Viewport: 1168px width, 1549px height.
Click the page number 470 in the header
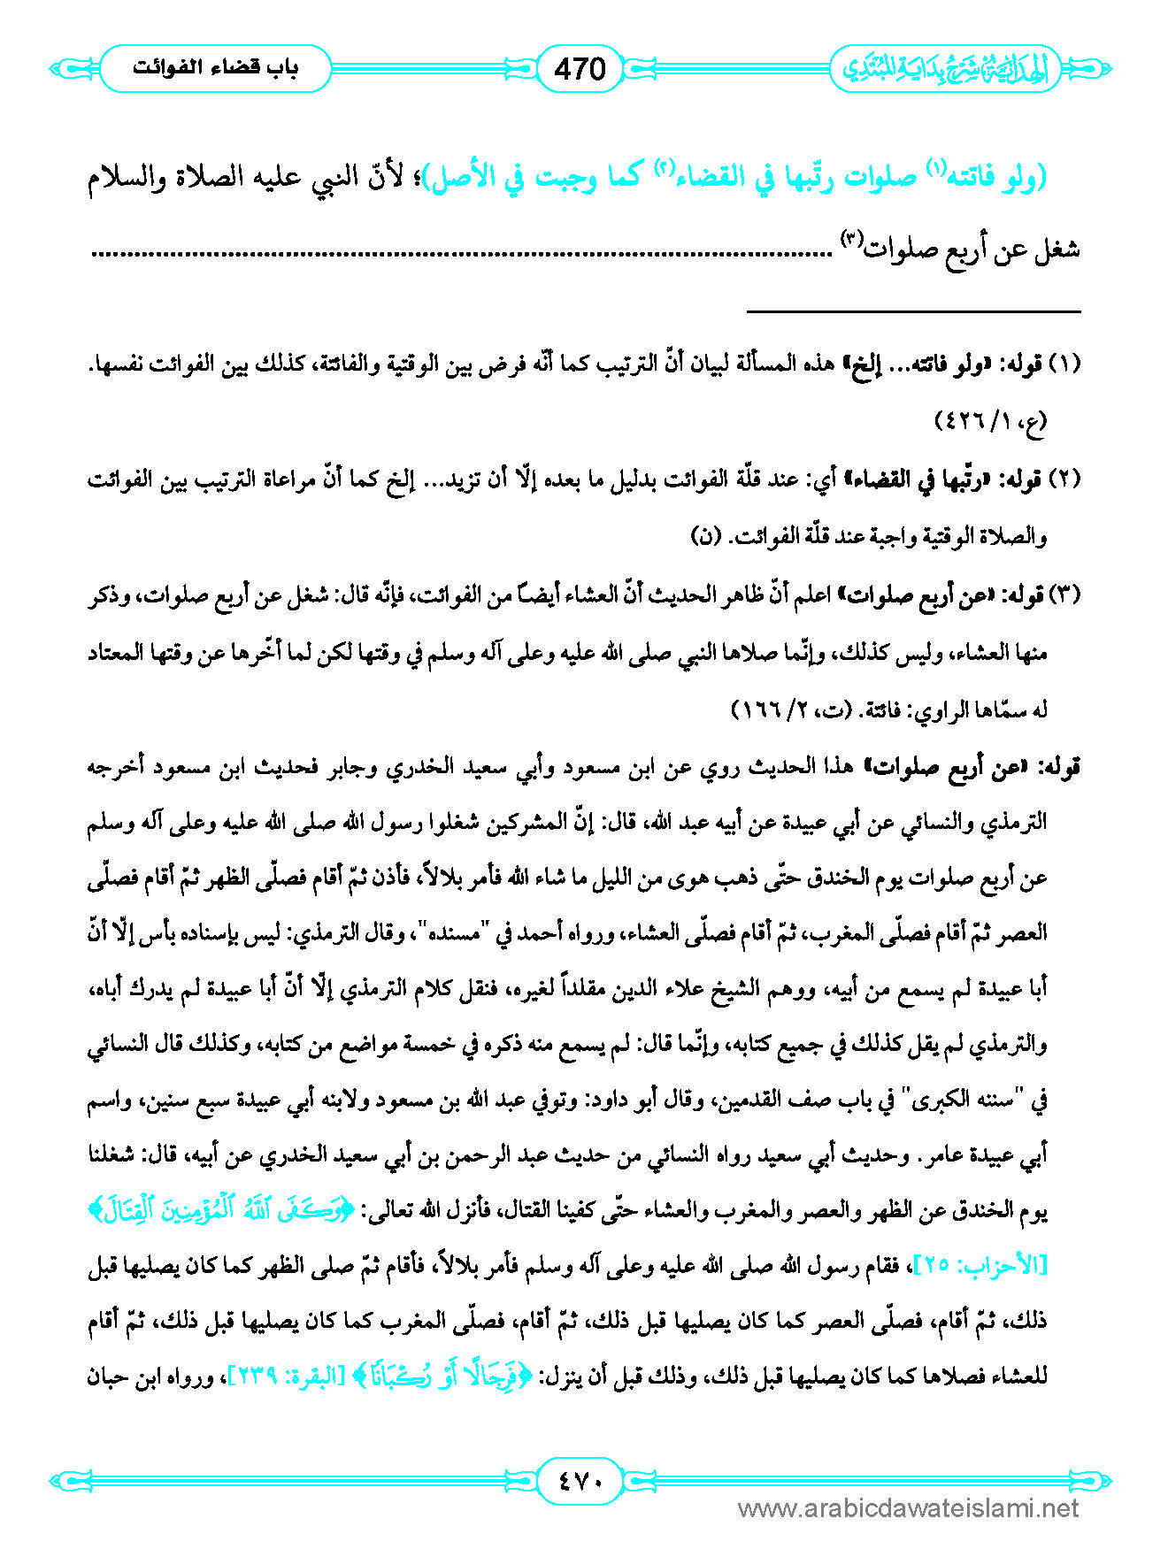click(x=580, y=68)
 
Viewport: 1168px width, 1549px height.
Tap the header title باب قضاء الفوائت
click(x=215, y=68)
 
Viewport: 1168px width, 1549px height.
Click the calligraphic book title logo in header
click(x=944, y=69)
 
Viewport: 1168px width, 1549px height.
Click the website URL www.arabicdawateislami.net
click(x=908, y=1508)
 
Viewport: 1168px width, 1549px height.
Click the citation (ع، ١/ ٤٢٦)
click(x=990, y=420)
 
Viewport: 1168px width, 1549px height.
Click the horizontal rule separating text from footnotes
click(x=913, y=311)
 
